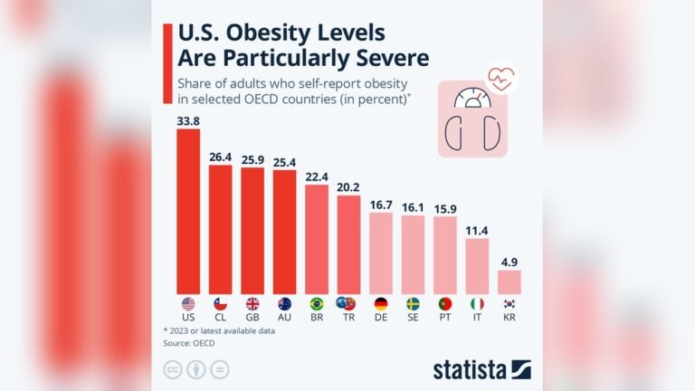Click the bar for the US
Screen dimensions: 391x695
coord(187,210)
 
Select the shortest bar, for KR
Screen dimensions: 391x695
coord(509,281)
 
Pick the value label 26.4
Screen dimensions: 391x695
coord(220,157)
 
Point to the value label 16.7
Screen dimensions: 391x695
coord(380,205)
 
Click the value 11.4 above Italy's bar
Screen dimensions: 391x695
coord(476,231)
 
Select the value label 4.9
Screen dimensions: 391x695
coord(509,262)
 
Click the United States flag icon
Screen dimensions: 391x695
coord(187,304)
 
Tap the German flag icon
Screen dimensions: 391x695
coord(380,304)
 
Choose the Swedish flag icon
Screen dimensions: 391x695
coord(413,304)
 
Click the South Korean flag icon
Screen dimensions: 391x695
coord(509,304)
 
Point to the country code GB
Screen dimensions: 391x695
coord(252,319)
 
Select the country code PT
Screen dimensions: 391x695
coord(444,319)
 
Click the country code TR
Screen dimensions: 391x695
coord(348,319)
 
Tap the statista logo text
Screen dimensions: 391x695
coord(470,369)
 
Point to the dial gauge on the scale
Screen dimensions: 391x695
coord(468,99)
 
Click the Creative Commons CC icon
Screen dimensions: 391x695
coord(171,369)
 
